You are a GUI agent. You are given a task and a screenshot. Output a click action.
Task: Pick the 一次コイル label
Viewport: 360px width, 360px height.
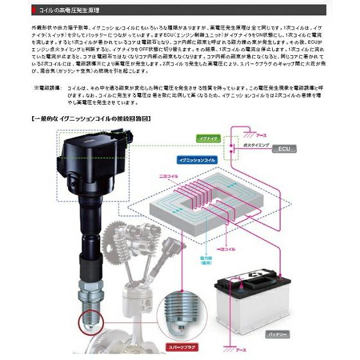point(227,248)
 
